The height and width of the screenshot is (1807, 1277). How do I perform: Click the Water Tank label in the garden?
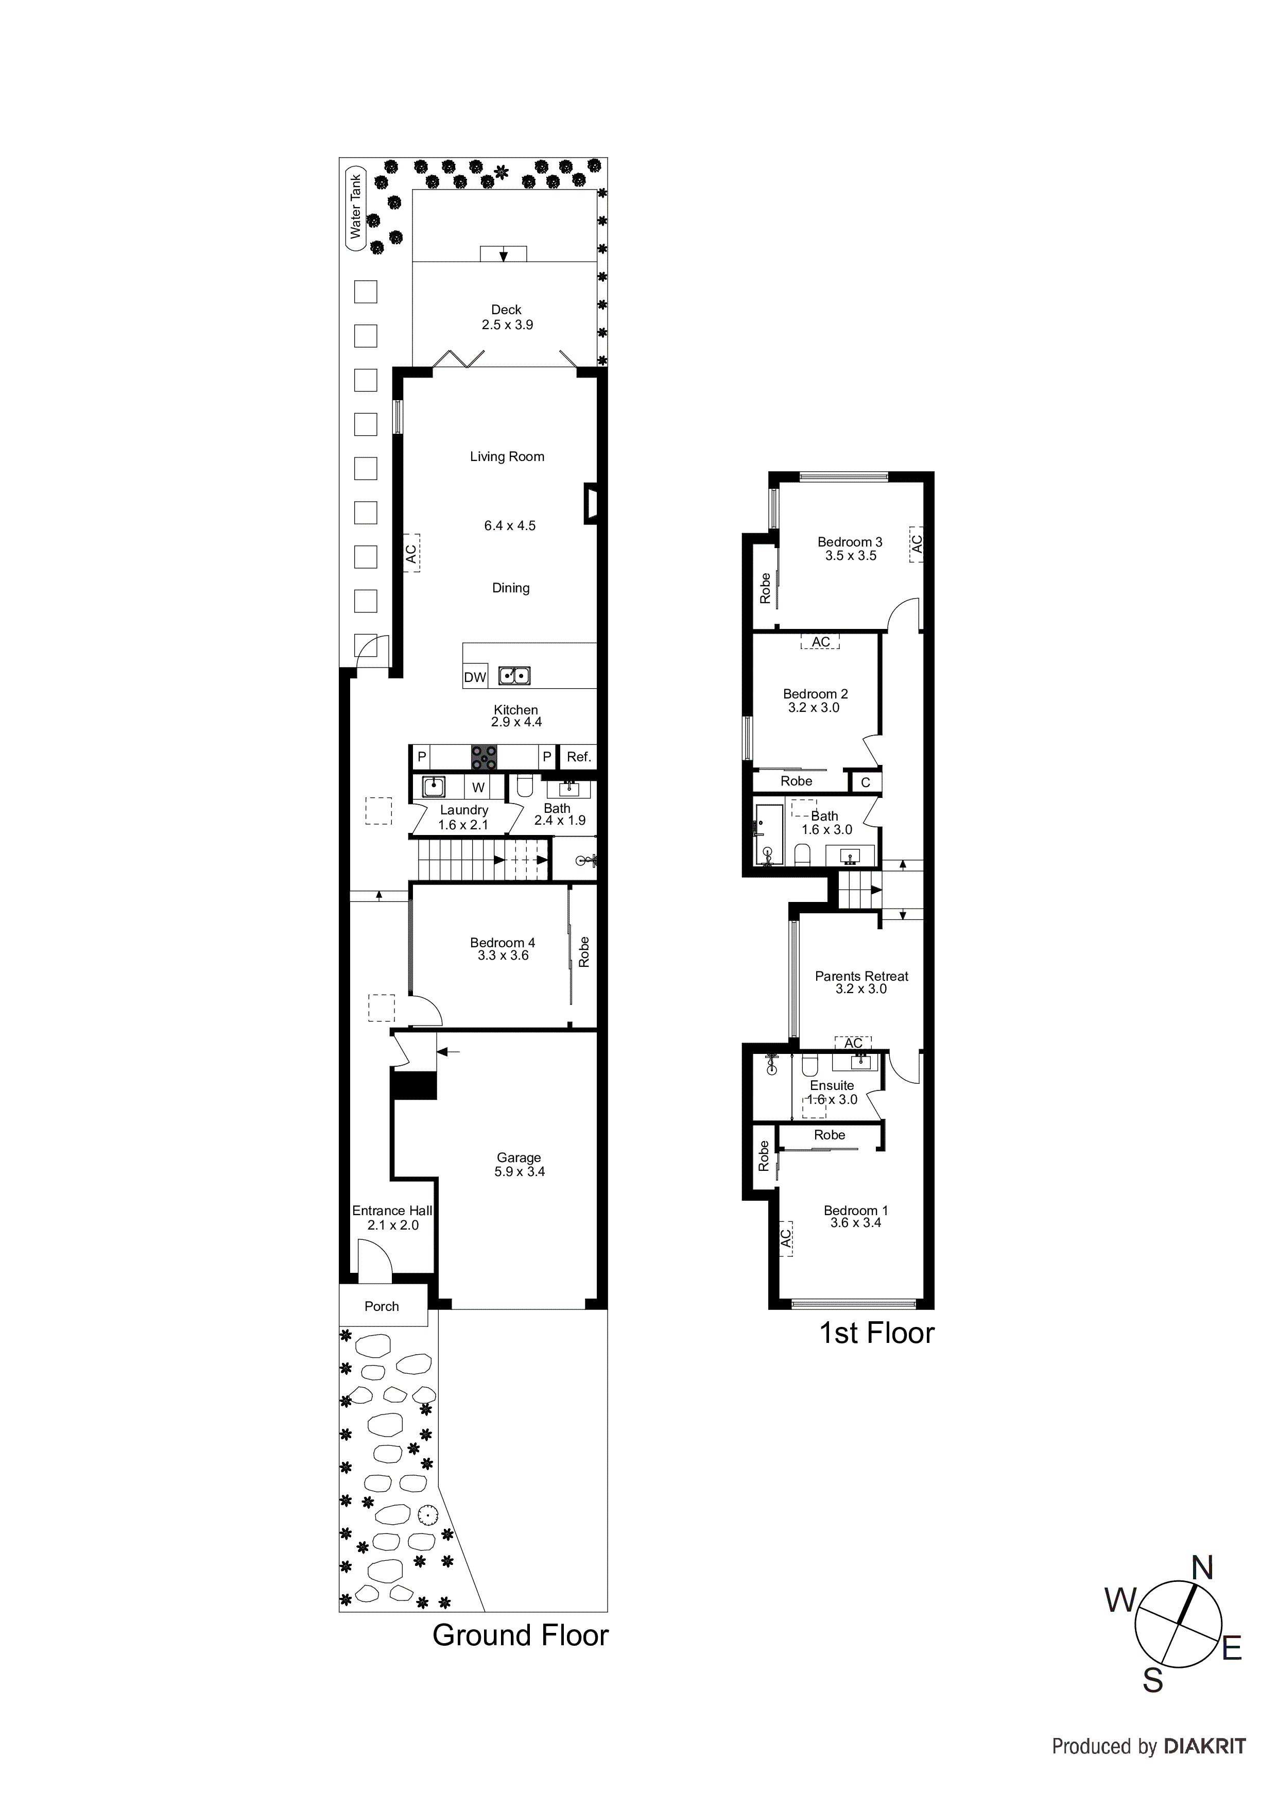(356, 207)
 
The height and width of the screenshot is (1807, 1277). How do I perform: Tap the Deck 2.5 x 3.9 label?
(507, 317)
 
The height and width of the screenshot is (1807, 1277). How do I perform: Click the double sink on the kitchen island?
(514, 675)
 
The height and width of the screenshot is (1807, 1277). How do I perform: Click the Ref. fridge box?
(578, 757)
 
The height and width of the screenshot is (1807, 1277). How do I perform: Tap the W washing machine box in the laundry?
(478, 787)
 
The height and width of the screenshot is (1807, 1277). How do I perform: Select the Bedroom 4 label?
(503, 943)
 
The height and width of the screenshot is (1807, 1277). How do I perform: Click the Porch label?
(382, 1306)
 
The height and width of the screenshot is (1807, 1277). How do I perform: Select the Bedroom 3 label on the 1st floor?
(850, 542)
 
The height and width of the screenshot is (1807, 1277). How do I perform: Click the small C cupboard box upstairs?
(866, 782)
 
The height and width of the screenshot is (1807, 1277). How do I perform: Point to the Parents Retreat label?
(861, 977)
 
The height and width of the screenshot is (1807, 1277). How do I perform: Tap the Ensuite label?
(832, 1085)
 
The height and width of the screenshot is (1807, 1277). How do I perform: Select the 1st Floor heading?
(876, 1333)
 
